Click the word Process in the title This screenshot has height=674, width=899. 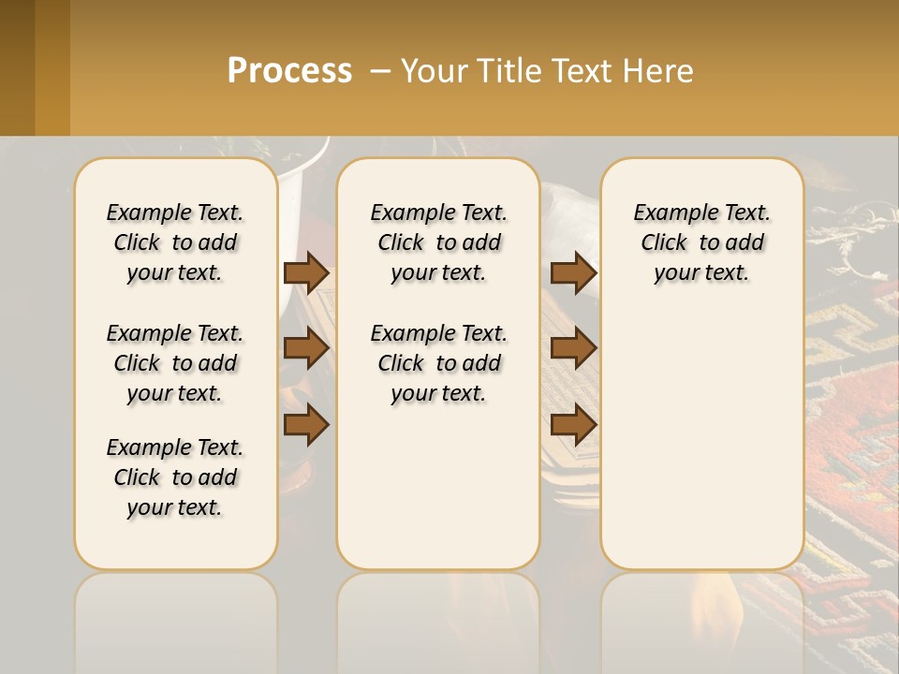(x=289, y=70)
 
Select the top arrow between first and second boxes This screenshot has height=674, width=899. (x=306, y=272)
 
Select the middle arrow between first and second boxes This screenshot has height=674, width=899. (x=306, y=348)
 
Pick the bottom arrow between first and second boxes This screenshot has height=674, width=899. (x=306, y=424)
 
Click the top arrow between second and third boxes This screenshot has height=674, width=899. (x=573, y=272)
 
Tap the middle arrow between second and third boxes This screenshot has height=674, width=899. (x=573, y=348)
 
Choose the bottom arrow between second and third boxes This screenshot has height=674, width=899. (x=573, y=424)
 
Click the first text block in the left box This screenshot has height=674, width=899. (x=175, y=242)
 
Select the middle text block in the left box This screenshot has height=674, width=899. (x=175, y=363)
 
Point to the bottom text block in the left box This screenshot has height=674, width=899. (x=175, y=477)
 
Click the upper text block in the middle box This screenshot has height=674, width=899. (x=438, y=242)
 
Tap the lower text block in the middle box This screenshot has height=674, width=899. (x=438, y=363)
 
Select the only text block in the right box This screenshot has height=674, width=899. (x=701, y=242)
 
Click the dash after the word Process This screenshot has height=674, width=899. (x=380, y=71)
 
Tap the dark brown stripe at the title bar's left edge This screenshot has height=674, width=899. (x=17, y=67)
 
